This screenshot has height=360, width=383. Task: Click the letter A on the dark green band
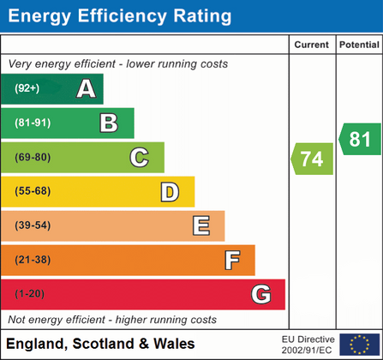pyautogui.click(x=86, y=88)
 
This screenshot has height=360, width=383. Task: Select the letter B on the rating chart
pyautogui.click(x=109, y=123)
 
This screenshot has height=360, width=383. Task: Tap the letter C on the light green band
pyautogui.click(x=139, y=157)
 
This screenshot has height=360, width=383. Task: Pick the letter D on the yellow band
pyautogui.click(x=170, y=192)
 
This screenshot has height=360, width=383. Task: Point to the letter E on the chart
pyautogui.click(x=201, y=225)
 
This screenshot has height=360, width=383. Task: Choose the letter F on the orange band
pyautogui.click(x=231, y=260)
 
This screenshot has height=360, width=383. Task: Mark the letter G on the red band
pyautogui.click(x=261, y=294)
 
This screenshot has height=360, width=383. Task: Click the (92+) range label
pyautogui.click(x=28, y=88)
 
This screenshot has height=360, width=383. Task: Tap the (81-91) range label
pyautogui.click(x=32, y=123)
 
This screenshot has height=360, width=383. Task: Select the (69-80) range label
pyautogui.click(x=32, y=157)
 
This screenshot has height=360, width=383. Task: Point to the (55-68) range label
pyautogui.click(x=32, y=191)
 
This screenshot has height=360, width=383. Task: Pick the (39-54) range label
pyautogui.click(x=32, y=225)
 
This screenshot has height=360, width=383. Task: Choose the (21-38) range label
pyautogui.click(x=32, y=260)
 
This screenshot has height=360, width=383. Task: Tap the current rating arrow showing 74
pyautogui.click(x=314, y=159)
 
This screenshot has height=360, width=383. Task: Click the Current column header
pyautogui.click(x=312, y=45)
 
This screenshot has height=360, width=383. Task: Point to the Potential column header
pyautogui.click(x=359, y=45)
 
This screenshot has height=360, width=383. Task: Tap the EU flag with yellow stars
pyautogui.click(x=358, y=345)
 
